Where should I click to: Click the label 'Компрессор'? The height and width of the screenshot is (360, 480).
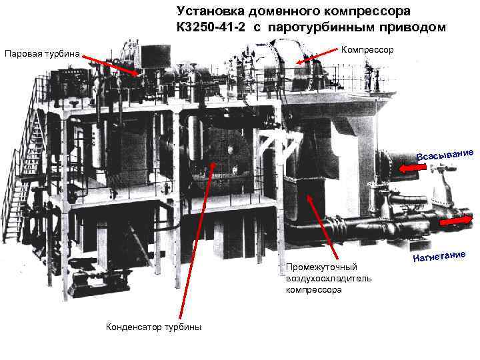pyautogui.click(x=367, y=50)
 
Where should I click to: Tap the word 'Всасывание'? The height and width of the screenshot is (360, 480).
pyautogui.click(x=445, y=153)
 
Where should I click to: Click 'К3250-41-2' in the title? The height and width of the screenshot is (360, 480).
pyautogui.click(x=211, y=27)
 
